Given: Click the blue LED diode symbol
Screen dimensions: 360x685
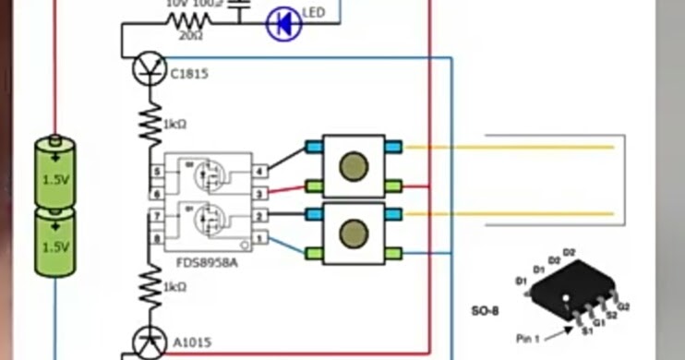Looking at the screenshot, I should coord(283,24).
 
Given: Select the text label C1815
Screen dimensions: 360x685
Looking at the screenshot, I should coord(190,75).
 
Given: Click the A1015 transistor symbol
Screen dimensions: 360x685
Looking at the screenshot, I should coord(149,342).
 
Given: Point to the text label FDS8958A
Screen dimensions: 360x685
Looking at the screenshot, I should coord(207,263).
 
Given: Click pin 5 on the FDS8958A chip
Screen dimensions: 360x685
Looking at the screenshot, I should coord(158,172).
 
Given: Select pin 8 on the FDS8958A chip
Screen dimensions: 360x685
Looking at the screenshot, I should coord(158,239).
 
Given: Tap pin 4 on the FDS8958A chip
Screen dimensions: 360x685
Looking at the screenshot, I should coord(260,172).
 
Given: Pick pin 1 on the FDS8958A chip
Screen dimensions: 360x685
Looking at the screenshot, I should coord(260,239).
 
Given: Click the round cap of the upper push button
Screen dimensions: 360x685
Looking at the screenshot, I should coord(353,167).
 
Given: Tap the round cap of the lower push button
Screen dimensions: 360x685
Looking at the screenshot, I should coord(353,234).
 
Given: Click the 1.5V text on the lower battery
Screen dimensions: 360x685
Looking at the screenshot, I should coord(55,247).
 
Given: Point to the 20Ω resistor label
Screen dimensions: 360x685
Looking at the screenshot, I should coord(190,35).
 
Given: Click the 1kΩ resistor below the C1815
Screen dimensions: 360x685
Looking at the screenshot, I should coord(150,124).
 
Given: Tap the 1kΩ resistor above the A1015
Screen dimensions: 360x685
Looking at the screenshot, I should coord(150,288).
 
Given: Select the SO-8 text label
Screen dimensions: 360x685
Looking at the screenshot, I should coord(484,311).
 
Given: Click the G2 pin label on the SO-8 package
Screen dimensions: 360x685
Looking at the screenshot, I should coord(623,306).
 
